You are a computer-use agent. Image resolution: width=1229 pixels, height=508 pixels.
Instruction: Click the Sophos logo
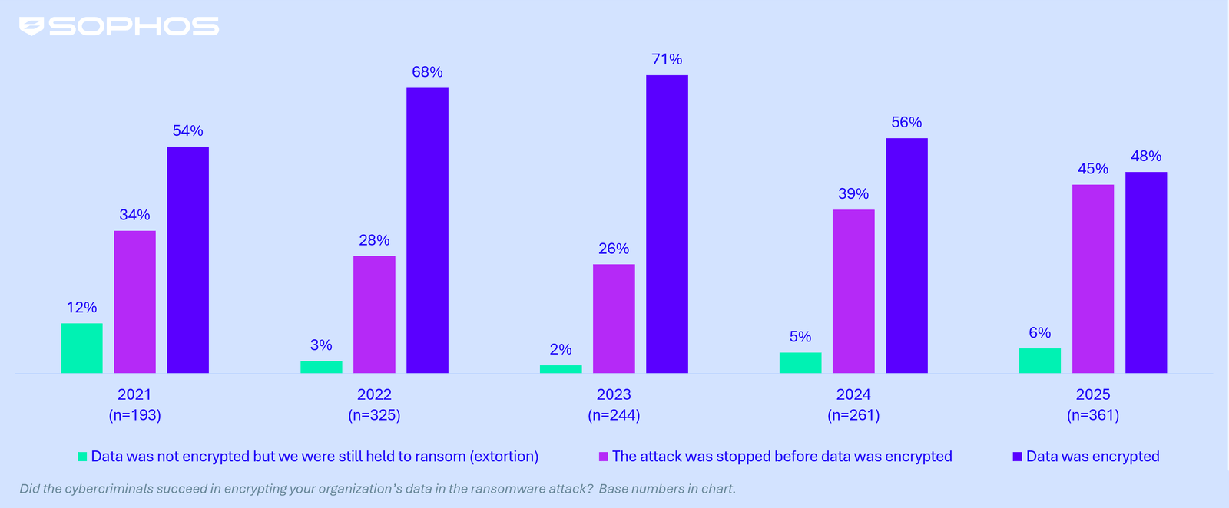(x=119, y=27)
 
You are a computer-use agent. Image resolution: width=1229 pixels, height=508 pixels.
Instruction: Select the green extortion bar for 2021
(x=81, y=348)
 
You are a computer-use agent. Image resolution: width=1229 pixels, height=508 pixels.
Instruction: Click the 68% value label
(x=427, y=72)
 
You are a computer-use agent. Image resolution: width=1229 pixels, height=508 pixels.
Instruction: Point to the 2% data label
(x=561, y=350)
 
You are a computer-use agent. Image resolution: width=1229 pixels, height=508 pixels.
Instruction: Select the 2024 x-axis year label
(x=853, y=394)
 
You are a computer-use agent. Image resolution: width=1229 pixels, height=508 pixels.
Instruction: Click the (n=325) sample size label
(x=374, y=415)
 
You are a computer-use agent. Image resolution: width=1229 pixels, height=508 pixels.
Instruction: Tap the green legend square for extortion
(x=82, y=457)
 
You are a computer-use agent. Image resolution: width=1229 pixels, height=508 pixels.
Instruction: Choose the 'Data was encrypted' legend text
(x=1092, y=457)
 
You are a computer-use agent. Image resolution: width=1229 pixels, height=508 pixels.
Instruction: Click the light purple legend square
(x=604, y=457)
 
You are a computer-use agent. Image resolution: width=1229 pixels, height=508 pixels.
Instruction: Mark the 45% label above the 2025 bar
(x=1092, y=169)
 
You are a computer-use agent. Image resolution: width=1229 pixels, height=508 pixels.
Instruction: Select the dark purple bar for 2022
(x=427, y=230)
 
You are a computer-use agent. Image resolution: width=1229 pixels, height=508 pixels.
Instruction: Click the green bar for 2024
(x=800, y=363)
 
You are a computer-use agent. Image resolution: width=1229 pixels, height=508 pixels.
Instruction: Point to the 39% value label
(x=853, y=194)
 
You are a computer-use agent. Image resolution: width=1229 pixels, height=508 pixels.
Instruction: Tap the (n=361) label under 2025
(x=1092, y=415)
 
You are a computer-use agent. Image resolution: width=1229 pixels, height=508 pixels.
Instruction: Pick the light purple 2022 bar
(x=374, y=315)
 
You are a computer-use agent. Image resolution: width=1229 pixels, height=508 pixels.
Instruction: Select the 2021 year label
(x=134, y=394)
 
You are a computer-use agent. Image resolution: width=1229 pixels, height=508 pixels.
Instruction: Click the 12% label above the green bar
(x=81, y=308)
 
